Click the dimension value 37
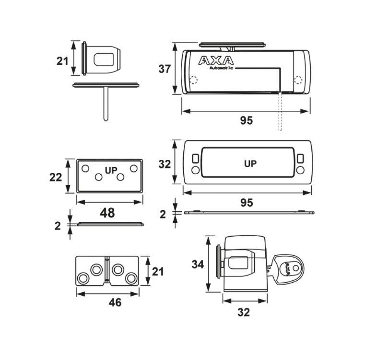165,69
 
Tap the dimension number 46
115,302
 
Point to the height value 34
198,264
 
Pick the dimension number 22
56,177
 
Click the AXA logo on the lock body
216,60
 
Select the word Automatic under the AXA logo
221,68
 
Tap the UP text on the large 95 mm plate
250,164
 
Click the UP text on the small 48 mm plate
111,170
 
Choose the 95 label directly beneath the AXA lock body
246,120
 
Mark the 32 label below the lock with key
244,312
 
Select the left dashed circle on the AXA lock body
193,80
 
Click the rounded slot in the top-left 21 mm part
104,60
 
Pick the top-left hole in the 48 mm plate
85,168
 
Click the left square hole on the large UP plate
195,159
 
